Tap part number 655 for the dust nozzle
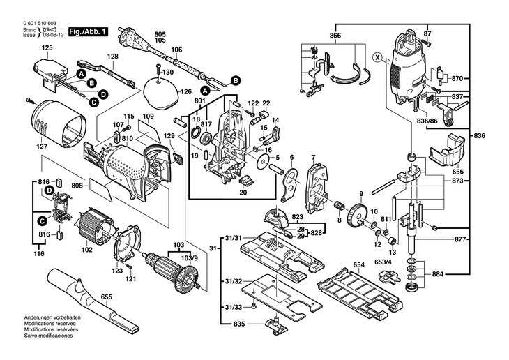coord(106,297)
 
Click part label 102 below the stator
coord(87,249)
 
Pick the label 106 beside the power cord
coord(176,50)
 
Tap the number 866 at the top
coord(335,35)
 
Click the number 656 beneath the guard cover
coord(458,171)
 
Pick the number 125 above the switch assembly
coord(47,47)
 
